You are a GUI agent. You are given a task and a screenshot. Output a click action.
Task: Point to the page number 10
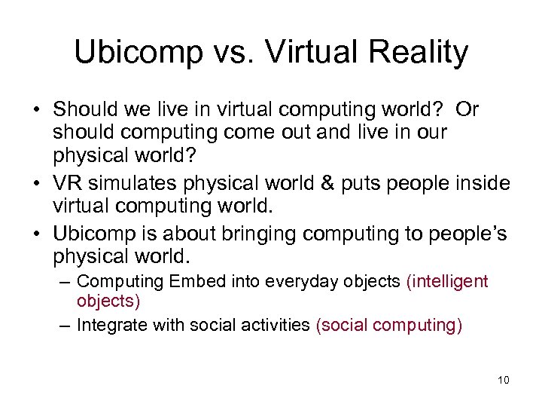504,380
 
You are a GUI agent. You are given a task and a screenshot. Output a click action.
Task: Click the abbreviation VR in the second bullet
69,183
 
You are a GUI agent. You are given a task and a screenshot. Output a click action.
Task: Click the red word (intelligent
447,282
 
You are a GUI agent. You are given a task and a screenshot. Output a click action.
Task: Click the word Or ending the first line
467,109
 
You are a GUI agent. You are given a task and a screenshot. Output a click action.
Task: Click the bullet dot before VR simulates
37,183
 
